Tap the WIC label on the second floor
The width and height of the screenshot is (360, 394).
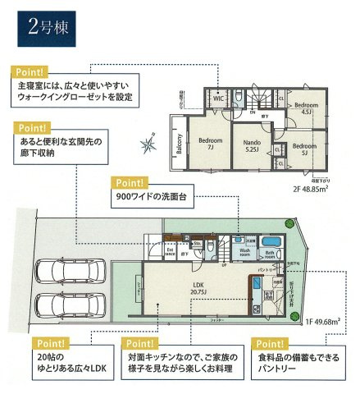(x=219, y=99)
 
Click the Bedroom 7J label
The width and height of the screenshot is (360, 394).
(x=210, y=144)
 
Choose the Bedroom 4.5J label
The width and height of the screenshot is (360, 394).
(x=307, y=109)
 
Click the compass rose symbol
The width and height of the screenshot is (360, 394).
(x=148, y=147)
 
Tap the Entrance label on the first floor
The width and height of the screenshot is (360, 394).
(x=170, y=254)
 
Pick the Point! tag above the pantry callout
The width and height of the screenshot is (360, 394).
(x=269, y=343)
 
